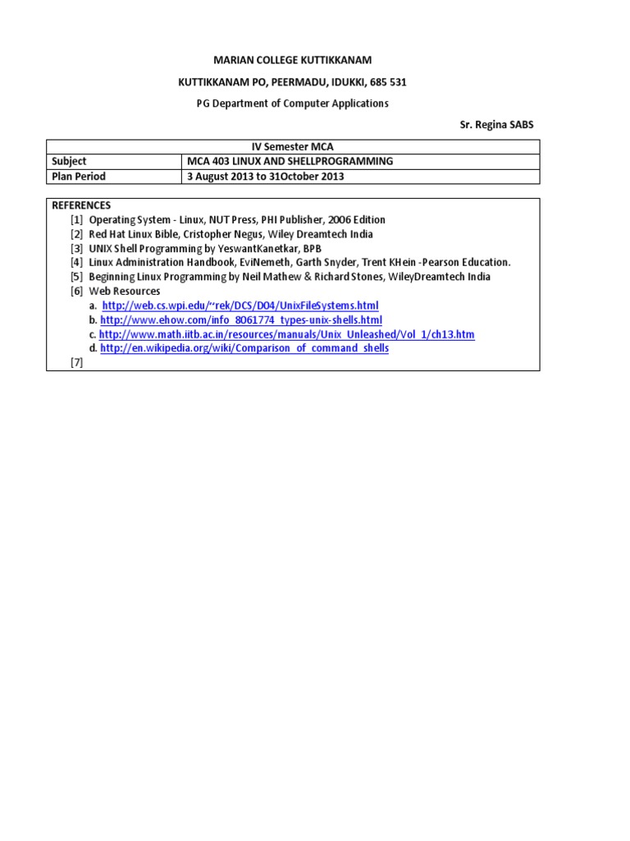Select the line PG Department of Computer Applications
coord(292,103)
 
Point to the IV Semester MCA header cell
coord(293,147)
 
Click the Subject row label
coord(69,162)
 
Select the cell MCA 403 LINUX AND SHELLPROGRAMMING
coord(290,162)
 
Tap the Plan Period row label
coord(79,177)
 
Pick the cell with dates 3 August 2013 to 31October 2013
coord(266,177)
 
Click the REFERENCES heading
coord(81,205)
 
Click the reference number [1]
coord(77,220)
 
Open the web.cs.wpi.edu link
coord(240,306)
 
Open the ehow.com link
coord(241,319)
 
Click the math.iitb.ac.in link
coord(287,334)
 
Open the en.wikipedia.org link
coord(244,348)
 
